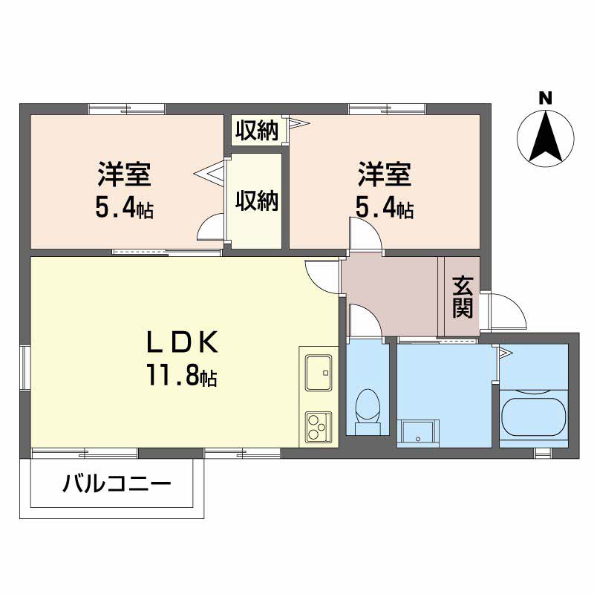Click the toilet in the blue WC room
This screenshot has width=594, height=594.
click(x=368, y=411)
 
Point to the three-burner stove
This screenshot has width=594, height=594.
click(x=319, y=426)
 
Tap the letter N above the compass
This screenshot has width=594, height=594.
click(x=546, y=99)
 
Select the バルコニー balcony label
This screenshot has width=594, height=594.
click(x=117, y=484)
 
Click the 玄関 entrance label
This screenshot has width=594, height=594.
click(x=463, y=298)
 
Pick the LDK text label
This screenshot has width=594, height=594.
click(x=183, y=342)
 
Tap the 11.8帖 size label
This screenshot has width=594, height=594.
click(x=182, y=376)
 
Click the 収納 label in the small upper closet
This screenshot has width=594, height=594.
click(x=257, y=131)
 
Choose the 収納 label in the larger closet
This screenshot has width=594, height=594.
click(x=257, y=200)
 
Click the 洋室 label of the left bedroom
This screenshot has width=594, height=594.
click(x=125, y=174)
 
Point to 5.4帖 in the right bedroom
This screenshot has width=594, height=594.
click(x=384, y=209)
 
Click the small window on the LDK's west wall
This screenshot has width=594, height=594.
click(x=25, y=367)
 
